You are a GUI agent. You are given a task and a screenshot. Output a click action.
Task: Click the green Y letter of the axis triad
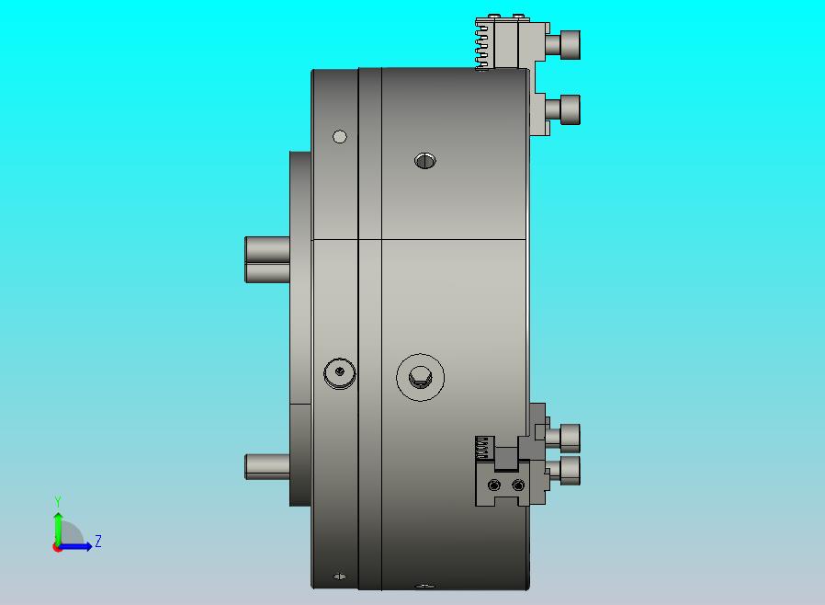coord(58,501)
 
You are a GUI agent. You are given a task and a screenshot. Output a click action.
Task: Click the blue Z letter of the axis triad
coord(98,541)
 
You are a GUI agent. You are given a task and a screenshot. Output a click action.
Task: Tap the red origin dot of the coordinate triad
coord(56,548)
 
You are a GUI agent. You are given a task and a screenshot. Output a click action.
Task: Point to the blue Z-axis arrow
coord(74,547)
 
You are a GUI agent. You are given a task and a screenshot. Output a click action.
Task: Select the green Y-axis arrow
coord(58,529)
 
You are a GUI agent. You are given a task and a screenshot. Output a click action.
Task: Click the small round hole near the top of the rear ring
coord(340,137)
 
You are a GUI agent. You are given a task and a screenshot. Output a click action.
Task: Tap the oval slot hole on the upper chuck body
coord(425,161)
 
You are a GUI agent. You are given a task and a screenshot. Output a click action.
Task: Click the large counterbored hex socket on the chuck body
coord(421,377)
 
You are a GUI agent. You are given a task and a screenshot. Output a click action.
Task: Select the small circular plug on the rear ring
coord(339,372)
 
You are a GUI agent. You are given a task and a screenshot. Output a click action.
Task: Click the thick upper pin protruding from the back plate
coord(267,259)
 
